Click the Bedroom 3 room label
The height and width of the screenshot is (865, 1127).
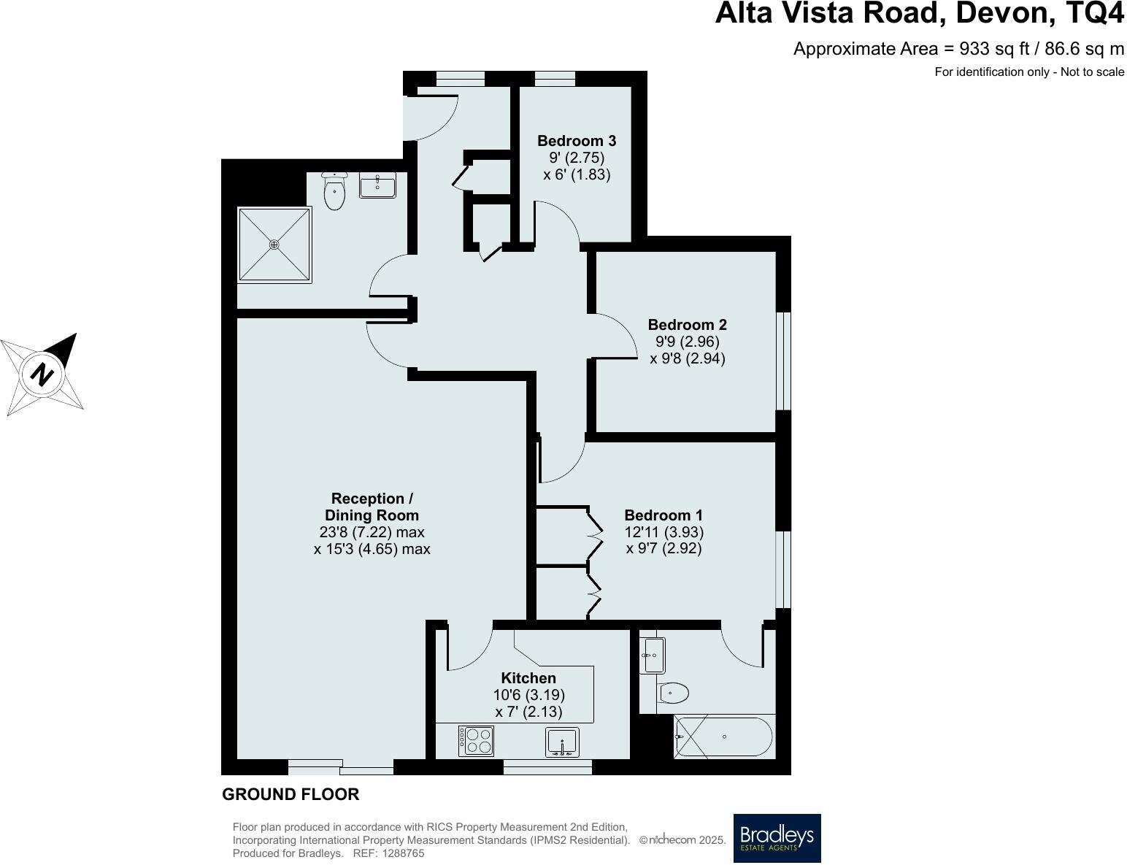(577, 141)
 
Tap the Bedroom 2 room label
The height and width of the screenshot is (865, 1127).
(687, 325)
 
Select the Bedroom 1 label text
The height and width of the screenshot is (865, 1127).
(663, 515)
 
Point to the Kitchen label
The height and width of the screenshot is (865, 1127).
(528, 678)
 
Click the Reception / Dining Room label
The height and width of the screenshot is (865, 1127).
(372, 507)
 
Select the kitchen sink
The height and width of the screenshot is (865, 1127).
(562, 742)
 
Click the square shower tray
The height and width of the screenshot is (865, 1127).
(275, 245)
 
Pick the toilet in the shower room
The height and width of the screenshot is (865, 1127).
(334, 192)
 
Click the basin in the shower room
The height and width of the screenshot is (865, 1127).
(377, 185)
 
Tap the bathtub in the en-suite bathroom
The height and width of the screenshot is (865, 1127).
(723, 737)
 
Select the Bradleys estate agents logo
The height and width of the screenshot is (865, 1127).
(777, 838)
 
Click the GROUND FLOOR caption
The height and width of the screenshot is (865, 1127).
(291, 794)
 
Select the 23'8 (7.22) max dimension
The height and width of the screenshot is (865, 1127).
(372, 532)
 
